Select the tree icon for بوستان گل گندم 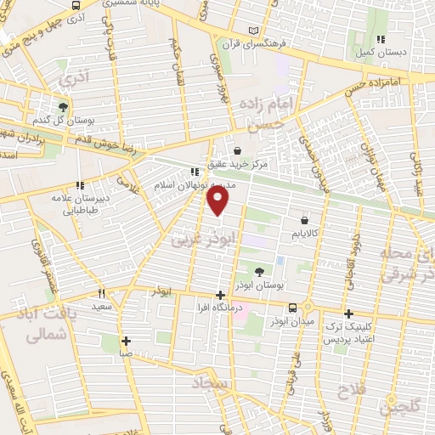click(x=63, y=108)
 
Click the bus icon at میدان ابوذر click(x=292, y=308)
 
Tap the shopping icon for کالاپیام click(x=303, y=220)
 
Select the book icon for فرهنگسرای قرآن click(x=253, y=31)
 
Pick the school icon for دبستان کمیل click(x=381, y=38)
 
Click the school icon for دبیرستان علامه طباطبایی click(x=81, y=185)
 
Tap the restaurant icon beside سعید click(x=102, y=293)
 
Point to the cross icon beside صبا click(x=126, y=341)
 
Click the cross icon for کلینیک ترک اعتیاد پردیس click(x=348, y=314)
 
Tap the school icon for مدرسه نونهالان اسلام click(x=195, y=172)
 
